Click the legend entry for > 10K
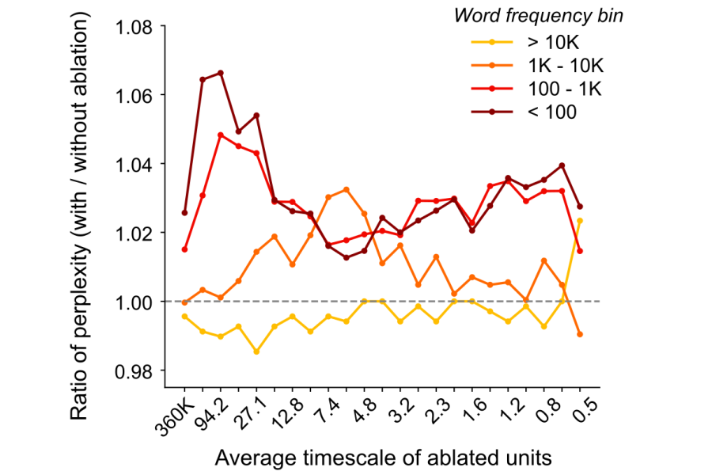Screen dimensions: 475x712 click(552, 40)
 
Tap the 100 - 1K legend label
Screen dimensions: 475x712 click(564, 88)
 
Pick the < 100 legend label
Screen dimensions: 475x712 click(551, 112)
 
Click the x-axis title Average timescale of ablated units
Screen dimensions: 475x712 click(382, 457)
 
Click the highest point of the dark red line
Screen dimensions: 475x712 click(220, 73)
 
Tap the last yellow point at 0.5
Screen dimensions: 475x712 click(580, 221)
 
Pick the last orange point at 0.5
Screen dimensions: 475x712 click(580, 334)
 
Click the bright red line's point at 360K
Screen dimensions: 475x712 click(184, 249)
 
